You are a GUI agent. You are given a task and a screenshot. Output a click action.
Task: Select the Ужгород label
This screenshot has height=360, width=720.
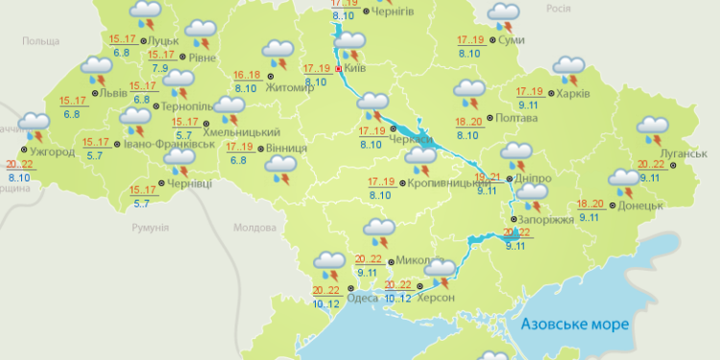(x=52, y=153)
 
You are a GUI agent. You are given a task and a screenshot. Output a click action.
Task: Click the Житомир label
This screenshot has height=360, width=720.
(x=297, y=87)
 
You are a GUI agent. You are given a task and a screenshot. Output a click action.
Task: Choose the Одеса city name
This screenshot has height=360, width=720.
(x=362, y=298)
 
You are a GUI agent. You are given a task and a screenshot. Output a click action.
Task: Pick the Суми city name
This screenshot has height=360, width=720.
(x=512, y=41)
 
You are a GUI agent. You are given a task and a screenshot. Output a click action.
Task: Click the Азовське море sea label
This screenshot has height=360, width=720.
(x=573, y=324)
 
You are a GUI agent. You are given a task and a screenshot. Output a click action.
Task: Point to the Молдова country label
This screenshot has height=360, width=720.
(x=255, y=228)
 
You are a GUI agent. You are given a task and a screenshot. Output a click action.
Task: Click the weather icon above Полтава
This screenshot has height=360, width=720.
(x=469, y=94)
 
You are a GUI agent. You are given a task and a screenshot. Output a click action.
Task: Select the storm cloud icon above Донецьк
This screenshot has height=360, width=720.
(x=624, y=181)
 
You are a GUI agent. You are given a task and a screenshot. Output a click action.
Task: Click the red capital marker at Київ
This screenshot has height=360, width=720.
(x=338, y=68)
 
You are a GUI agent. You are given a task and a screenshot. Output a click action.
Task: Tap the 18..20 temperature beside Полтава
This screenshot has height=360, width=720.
(x=469, y=121)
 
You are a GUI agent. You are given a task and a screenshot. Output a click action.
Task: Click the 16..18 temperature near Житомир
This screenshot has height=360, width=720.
(x=247, y=75)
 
